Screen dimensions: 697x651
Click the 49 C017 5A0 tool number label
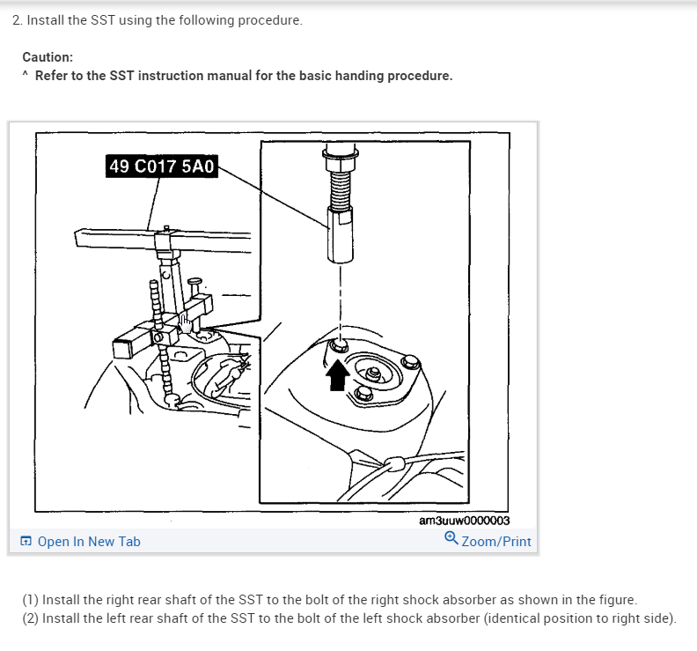pos(162,166)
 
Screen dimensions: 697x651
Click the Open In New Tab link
pos(89,542)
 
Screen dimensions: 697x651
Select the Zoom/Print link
pos(496,542)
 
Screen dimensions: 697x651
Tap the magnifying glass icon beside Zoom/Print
pos(451,538)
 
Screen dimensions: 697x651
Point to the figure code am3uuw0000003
pos(464,521)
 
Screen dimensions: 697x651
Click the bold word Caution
pos(48,57)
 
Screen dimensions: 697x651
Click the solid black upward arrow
pos(338,375)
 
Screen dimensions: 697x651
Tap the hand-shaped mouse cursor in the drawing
pos(186,323)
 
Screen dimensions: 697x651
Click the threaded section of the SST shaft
pos(341,190)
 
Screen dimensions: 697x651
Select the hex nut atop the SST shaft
pos(341,159)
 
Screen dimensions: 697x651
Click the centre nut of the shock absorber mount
pos(374,373)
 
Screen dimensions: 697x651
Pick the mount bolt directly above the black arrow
pos(340,345)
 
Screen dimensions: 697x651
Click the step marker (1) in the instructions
pos(31,600)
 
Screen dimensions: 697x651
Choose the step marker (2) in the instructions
pos(31,618)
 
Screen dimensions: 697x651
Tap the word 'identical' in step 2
pos(512,618)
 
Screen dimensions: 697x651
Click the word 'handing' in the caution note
pos(359,76)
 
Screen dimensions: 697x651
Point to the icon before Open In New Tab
pos(26,541)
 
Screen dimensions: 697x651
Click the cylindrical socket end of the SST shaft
pos(341,235)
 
